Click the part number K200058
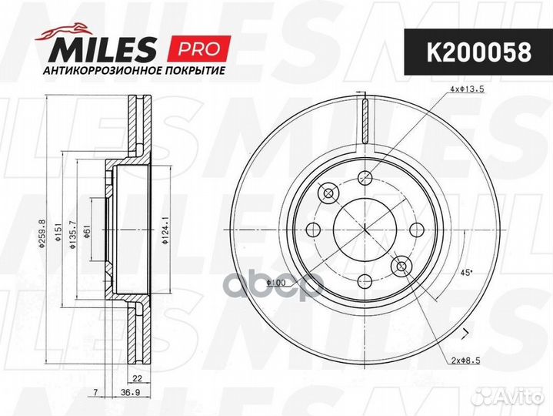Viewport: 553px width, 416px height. click(479, 52)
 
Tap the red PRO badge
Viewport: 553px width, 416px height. click(200, 49)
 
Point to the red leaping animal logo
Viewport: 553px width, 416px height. click(63, 31)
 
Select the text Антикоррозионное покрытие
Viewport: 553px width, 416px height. click(134, 71)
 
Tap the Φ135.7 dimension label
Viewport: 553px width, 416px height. click(72, 235)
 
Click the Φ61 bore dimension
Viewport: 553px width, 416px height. click(86, 231)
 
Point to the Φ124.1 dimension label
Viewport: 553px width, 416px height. click(163, 233)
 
